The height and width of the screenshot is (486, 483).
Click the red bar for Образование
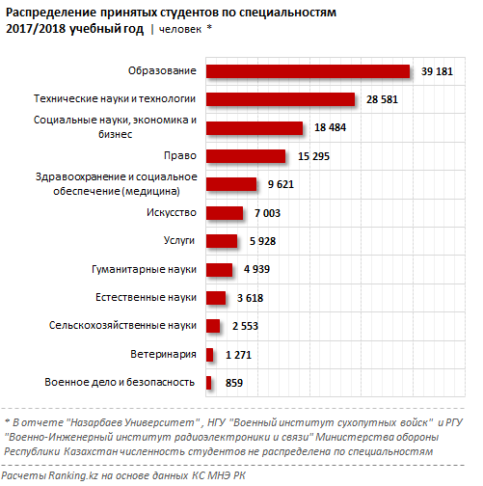tap(308, 71)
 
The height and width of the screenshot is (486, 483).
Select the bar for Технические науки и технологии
tap(281, 99)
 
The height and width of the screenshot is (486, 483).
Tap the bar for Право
tap(246, 156)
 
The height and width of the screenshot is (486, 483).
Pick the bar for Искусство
tap(225, 213)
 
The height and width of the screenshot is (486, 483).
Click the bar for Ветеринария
tap(209, 355)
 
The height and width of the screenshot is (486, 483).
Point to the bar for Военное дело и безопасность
tap(208, 383)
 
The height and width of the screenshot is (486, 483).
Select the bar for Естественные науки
tap(216, 298)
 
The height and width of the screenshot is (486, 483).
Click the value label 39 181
tap(437, 71)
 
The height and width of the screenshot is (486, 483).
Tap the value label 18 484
tap(330, 127)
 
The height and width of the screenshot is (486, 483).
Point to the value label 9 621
tap(281, 184)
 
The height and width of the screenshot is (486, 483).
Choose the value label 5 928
tap(262, 241)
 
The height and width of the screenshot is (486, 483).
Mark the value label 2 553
tap(245, 326)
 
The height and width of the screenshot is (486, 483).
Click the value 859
tap(234, 383)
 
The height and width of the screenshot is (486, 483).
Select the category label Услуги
tap(179, 241)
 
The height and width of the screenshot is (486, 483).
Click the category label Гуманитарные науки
tap(144, 269)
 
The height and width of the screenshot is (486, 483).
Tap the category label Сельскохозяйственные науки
tap(122, 325)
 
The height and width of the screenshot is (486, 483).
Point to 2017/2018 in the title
tap(36, 29)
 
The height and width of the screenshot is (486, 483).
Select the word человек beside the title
tap(180, 30)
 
